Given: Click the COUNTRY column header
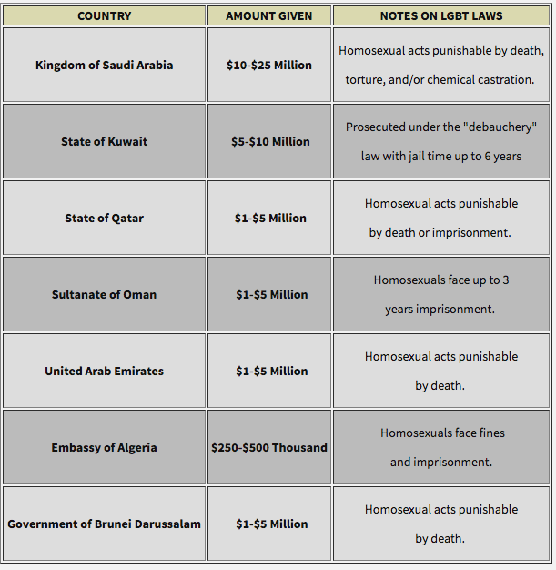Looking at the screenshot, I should (104, 16).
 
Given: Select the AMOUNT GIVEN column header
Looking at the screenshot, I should (268, 16).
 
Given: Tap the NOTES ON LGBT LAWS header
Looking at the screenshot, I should (441, 16).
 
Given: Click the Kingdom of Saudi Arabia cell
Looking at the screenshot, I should (104, 66).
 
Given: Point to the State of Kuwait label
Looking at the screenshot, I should (104, 142).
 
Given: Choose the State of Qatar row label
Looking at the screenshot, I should (104, 219).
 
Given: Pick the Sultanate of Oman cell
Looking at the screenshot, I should (104, 295).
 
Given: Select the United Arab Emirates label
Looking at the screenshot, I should (104, 372).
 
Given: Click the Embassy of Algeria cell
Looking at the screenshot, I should (104, 448).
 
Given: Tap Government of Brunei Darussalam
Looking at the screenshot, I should (104, 524).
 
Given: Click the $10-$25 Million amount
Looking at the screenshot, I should (268, 66).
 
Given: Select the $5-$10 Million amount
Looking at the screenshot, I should (269, 142).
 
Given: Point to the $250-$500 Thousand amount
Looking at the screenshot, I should (268, 448).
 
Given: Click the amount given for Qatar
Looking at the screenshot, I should (269, 219).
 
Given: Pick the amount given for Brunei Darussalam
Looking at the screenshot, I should (269, 524).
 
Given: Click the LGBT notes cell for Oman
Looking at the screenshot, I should (441, 295).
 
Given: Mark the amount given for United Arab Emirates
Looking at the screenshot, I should (269, 372).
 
